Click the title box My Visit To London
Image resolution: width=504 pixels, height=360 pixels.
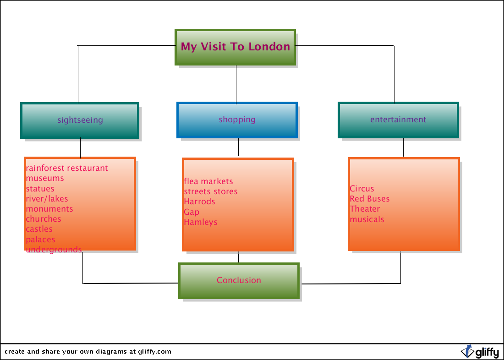[236, 47]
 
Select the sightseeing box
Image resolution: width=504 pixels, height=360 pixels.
[80, 120]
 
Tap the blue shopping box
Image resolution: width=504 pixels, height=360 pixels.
[237, 120]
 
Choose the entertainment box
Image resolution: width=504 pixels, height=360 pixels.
[398, 120]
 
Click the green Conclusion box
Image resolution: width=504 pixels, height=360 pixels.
[239, 281]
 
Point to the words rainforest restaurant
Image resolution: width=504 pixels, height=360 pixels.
[67, 168]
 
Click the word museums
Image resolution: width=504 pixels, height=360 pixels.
[45, 178]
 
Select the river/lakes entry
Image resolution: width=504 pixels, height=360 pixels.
[47, 199]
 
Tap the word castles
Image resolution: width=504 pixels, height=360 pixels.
[39, 229]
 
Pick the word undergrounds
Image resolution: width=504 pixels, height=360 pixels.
[54, 250]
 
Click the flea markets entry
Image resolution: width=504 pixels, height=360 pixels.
[208, 181]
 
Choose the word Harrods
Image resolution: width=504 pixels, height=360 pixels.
[200, 202]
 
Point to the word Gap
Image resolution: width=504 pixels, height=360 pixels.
[192, 212]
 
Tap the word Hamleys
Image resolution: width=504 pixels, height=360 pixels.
[201, 222]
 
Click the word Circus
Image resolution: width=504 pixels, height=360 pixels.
[362, 189]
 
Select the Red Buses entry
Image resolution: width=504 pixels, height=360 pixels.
[370, 199]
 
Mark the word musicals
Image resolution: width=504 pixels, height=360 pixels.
[367, 219]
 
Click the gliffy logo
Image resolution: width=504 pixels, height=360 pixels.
[480, 352]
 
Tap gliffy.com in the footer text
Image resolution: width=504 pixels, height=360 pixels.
[154, 352]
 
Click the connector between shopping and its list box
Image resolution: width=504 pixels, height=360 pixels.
[239, 147]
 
